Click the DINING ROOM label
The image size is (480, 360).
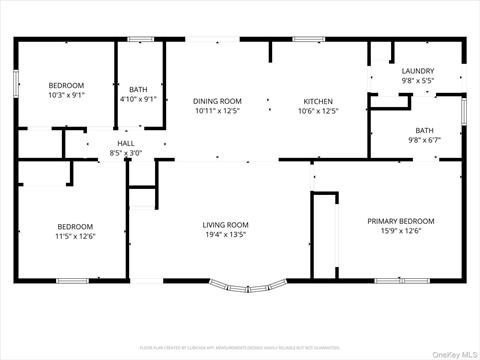point(217,101)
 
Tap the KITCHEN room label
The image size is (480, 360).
point(318,101)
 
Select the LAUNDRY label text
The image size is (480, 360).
point(417,71)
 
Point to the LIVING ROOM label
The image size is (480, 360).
point(225,225)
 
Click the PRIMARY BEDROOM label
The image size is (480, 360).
point(401,221)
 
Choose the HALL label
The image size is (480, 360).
point(126,144)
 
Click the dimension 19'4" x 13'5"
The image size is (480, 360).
point(225,236)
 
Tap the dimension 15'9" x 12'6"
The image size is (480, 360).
point(401,232)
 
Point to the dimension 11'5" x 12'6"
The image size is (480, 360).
point(74,237)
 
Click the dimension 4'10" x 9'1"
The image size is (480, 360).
point(138,99)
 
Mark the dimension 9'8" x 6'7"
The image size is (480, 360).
point(425,141)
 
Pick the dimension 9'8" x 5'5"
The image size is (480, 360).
point(417,81)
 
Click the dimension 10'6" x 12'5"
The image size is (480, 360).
point(318,111)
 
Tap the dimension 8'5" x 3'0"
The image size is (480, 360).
point(126,153)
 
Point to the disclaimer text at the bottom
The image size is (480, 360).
point(240,347)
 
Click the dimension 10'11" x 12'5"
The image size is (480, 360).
point(217,111)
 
